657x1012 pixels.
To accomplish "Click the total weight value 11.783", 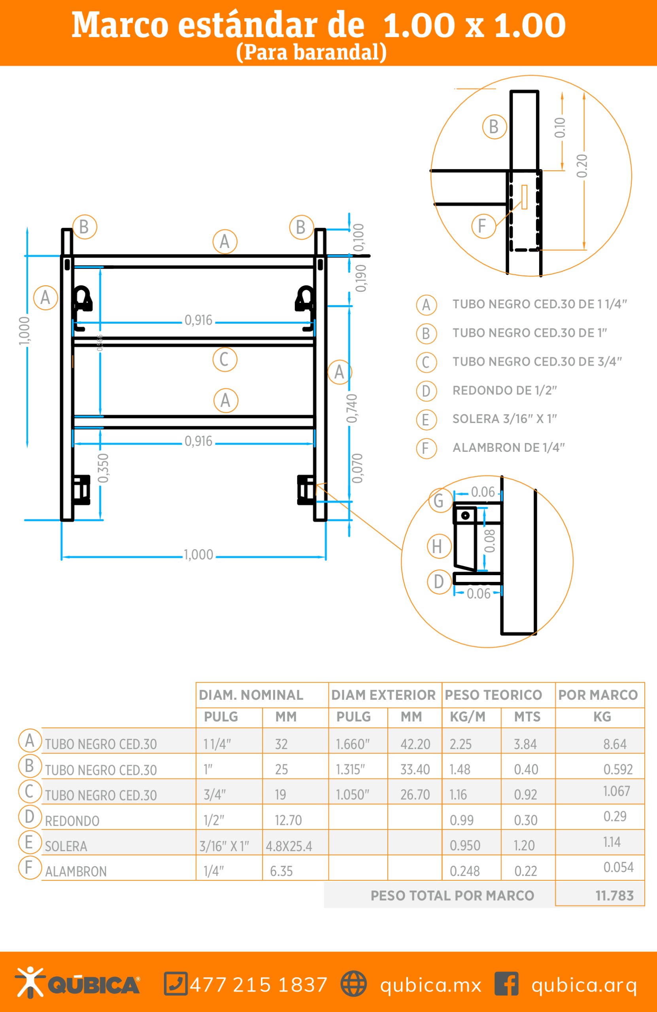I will click(614, 896).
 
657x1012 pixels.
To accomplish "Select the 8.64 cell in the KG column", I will click(614, 744).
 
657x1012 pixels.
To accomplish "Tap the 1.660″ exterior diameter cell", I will click(353, 744).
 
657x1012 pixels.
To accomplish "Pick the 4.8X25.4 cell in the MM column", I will click(289, 846).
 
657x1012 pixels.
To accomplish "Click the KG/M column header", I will click(467, 717).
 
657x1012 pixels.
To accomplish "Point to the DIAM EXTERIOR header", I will click(383, 695).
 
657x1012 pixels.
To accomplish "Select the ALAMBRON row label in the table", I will click(76, 872).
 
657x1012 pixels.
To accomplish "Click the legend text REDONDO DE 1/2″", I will click(504, 390).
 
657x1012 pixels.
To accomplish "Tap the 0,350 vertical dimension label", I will click(103, 468).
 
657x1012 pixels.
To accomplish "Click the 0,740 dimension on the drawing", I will click(352, 408).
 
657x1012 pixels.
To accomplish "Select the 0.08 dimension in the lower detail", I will click(490, 541).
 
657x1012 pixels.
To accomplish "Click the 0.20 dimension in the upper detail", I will click(582, 166).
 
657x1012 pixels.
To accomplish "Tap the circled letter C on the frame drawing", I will click(225, 360).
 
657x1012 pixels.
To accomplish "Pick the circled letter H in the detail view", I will click(438, 546).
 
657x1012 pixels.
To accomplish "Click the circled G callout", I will click(439, 500).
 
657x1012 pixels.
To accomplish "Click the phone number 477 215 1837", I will click(259, 985).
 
